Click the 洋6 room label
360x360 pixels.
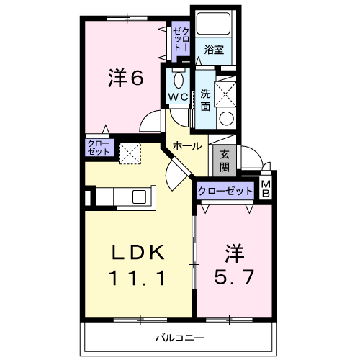pyautogui.click(x=126, y=77)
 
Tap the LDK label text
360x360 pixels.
pyautogui.click(x=138, y=252)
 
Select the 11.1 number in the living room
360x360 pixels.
pyautogui.click(x=138, y=278)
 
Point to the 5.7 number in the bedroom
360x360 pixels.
pyautogui.click(x=234, y=277)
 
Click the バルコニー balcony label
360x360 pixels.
pyautogui.click(x=180, y=338)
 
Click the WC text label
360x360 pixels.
pyautogui.click(x=178, y=97)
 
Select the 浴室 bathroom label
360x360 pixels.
pyautogui.click(x=214, y=50)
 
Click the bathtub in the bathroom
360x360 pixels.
pyautogui.click(x=213, y=23)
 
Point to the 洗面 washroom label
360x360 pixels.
pyautogui.click(x=205, y=100)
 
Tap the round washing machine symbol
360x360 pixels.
pyautogui.click(x=226, y=119)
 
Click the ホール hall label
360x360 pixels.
pyautogui.click(x=187, y=146)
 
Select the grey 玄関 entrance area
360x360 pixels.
pyautogui.click(x=225, y=161)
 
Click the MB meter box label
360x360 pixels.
pyautogui.click(x=266, y=189)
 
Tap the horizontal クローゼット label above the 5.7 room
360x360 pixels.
pyautogui.click(x=225, y=191)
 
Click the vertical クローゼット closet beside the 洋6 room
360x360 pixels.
pyautogui.click(x=181, y=40)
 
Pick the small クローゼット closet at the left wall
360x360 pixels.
pyautogui.click(x=99, y=148)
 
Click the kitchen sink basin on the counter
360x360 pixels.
pyautogui.click(x=140, y=197)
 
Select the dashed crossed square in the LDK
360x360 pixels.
pyautogui.click(x=130, y=153)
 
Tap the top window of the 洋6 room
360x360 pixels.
pyautogui.click(x=127, y=18)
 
